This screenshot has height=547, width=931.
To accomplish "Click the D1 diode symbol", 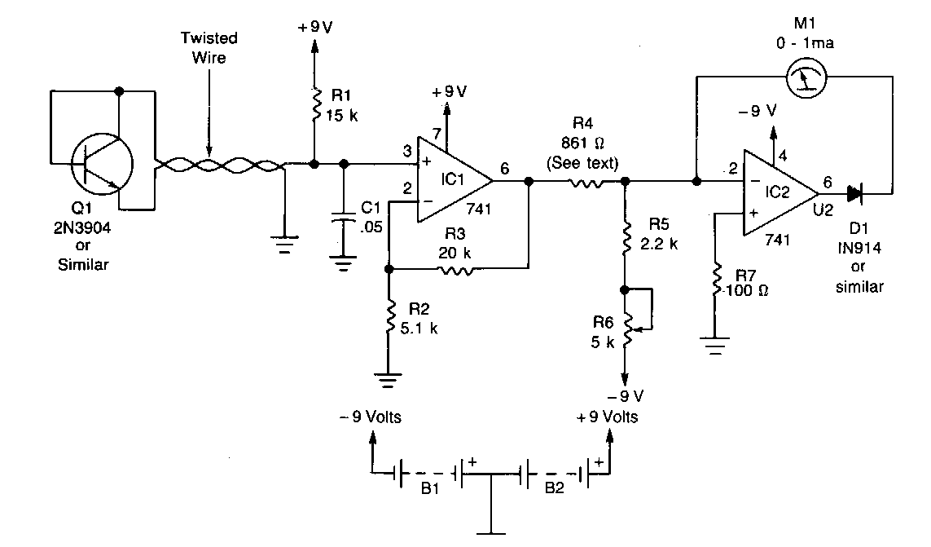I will (853, 194).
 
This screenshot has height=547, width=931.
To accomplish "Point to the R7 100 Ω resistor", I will (714, 282).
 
